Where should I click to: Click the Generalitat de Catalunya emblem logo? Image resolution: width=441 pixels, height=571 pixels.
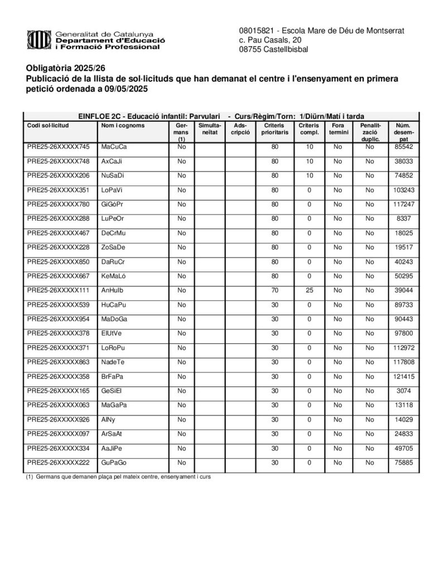pos(39,40)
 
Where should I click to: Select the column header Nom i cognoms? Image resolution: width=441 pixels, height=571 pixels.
pos(123,125)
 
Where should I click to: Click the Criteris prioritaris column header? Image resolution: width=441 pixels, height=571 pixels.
pos(274,129)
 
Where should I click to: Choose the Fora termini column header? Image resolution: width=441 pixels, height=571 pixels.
pos(337,129)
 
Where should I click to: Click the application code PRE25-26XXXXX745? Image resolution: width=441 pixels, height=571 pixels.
pos(58,147)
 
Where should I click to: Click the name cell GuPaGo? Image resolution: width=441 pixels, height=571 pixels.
pos(114,463)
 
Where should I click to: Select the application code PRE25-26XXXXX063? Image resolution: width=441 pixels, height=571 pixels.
pos(58,405)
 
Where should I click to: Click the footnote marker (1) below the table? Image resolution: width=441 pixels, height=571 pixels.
pos(30,477)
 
